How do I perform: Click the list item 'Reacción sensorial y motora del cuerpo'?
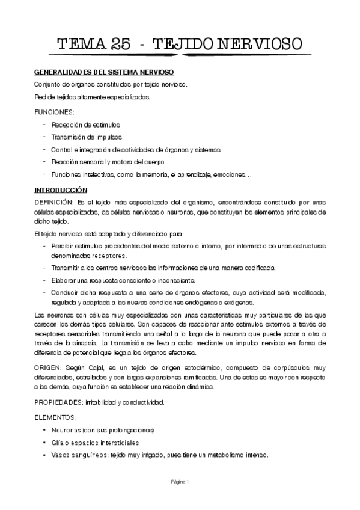(x=111, y=162)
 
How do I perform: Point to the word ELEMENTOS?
(x=55, y=416)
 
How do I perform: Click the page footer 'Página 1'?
(x=180, y=482)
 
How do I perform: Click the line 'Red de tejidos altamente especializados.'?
(x=92, y=97)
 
